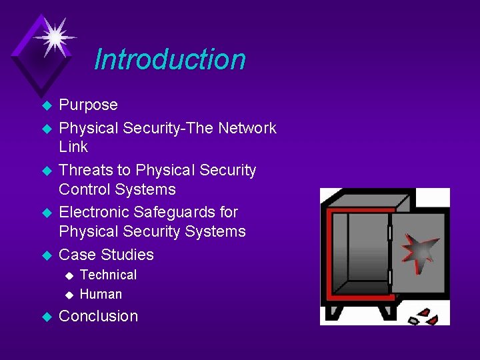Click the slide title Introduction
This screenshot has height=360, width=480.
click(170, 59)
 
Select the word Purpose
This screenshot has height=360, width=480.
click(88, 105)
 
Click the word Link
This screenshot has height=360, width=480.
click(73, 147)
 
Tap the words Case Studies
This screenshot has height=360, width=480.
click(106, 255)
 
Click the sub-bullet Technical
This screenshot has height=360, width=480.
click(108, 275)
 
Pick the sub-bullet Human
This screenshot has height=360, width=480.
click(101, 294)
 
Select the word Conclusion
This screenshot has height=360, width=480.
click(99, 316)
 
